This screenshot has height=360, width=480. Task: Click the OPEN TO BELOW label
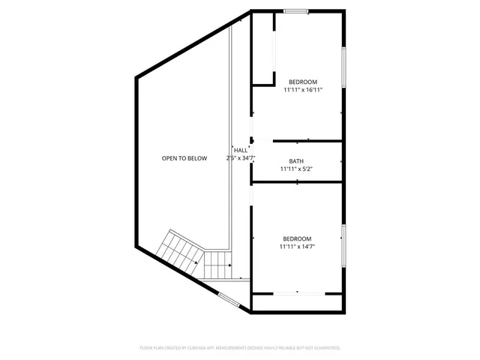(184, 158)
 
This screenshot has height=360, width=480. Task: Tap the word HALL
(241, 151)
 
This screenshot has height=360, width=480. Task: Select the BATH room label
(296, 161)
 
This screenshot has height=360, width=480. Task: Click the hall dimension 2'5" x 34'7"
(241, 158)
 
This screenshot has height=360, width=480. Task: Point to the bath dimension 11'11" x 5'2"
(296, 169)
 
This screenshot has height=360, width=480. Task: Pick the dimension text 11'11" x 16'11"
(303, 90)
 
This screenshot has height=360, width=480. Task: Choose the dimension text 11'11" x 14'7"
(296, 246)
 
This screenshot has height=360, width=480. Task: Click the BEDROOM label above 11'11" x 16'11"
(303, 82)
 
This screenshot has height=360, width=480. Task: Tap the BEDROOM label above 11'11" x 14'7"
(296, 238)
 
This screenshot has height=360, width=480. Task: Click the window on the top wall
(296, 11)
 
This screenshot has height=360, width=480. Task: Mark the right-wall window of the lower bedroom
(343, 244)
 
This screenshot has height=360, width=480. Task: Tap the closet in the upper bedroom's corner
(262, 49)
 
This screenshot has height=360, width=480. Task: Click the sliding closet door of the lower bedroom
(298, 292)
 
